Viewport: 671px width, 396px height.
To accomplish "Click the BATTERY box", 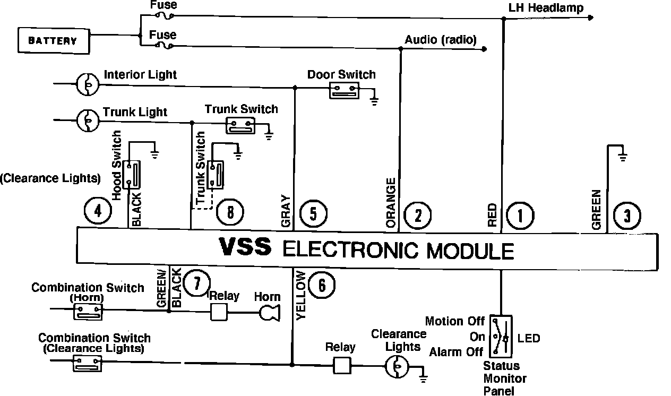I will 52,40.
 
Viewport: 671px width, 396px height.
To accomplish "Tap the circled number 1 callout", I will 520,216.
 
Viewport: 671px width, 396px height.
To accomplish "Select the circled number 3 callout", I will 627,216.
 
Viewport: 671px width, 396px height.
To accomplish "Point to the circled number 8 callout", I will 230,213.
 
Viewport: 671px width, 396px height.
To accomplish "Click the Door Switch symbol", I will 344,90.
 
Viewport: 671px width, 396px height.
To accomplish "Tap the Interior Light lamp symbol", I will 87,84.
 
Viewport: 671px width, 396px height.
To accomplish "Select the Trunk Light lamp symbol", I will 87,120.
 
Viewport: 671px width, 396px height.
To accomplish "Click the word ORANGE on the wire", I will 391,203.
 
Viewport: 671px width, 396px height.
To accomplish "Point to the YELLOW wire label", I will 301,295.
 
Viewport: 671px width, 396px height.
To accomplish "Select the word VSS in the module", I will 246,247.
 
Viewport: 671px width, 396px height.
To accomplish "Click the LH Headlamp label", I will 546,7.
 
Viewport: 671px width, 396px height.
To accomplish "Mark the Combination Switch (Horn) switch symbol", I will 87,312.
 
